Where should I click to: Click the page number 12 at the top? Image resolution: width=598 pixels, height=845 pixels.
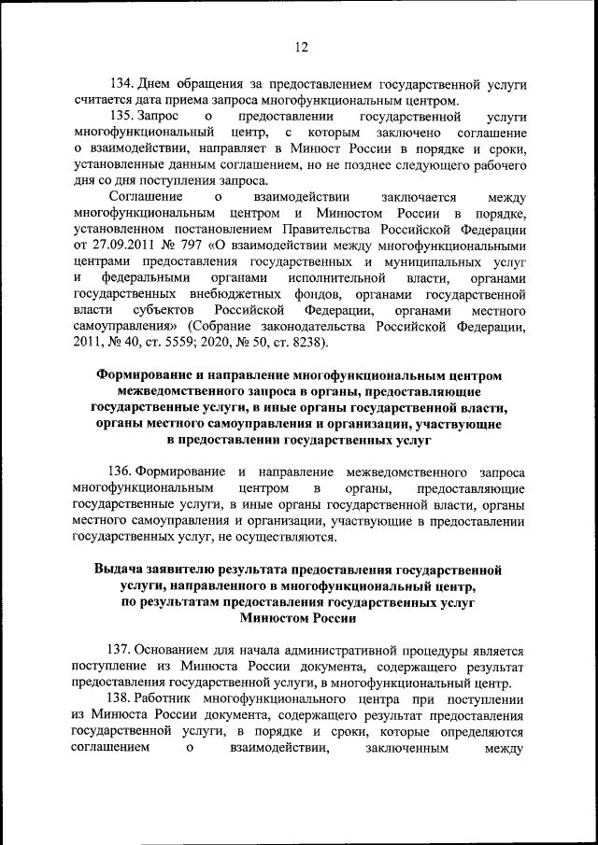299,48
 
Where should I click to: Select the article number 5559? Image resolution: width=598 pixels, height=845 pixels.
194,343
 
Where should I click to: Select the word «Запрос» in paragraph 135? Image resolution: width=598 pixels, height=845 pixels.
158,118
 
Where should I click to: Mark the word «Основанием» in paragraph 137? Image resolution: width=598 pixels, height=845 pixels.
174,649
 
